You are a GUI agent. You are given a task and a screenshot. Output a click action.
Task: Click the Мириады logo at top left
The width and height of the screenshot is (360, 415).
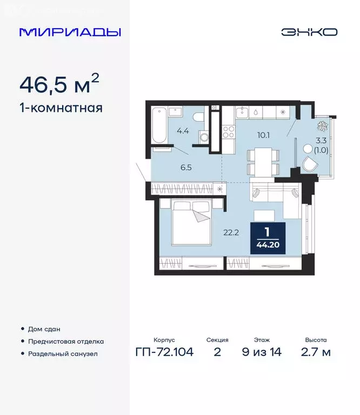[x=70, y=32]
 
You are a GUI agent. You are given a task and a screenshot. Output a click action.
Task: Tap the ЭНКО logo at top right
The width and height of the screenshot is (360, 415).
[x=309, y=32]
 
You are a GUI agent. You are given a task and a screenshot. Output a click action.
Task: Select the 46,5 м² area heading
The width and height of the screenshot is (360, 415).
[x=59, y=84]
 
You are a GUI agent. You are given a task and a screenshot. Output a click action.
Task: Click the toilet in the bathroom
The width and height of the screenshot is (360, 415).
[x=198, y=118]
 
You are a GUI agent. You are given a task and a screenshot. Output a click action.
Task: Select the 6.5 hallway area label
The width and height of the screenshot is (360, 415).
[x=186, y=168]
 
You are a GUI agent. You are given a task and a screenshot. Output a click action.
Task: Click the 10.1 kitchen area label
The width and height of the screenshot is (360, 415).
[x=264, y=135]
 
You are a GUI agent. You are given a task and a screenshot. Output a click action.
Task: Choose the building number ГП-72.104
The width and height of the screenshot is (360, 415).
[x=164, y=353]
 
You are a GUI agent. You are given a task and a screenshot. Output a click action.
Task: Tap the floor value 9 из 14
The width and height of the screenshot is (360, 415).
[x=262, y=353]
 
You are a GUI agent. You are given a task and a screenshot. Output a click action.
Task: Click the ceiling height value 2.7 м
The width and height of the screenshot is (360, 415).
[x=316, y=353]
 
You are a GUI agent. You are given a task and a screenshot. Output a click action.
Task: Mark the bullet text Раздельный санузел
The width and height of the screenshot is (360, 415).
[x=63, y=354]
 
